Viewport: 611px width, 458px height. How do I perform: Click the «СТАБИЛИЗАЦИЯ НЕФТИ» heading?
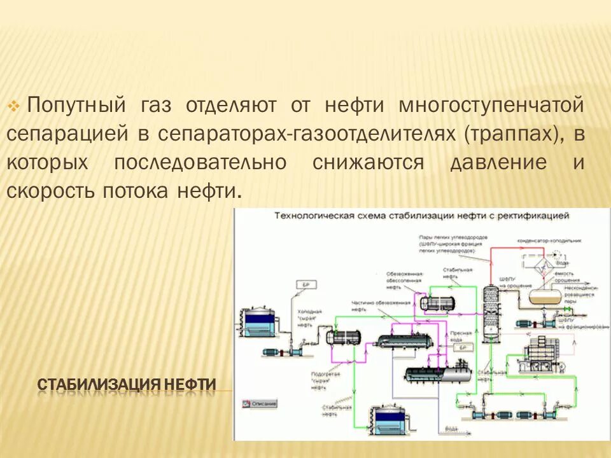tap(127, 385)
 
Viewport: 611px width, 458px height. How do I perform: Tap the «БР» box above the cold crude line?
tap(305, 284)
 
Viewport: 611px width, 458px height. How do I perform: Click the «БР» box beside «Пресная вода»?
tap(464, 348)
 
